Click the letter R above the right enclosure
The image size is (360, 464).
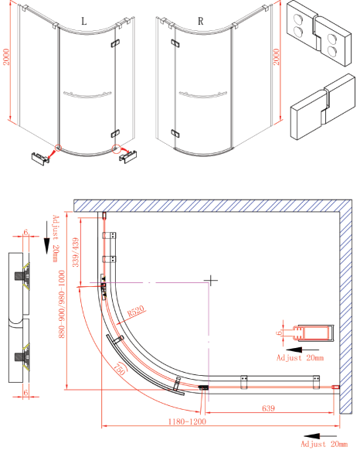tap(201, 22)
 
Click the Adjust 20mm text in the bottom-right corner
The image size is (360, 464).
tap(324, 445)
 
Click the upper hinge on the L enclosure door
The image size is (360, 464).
tap(117, 45)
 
